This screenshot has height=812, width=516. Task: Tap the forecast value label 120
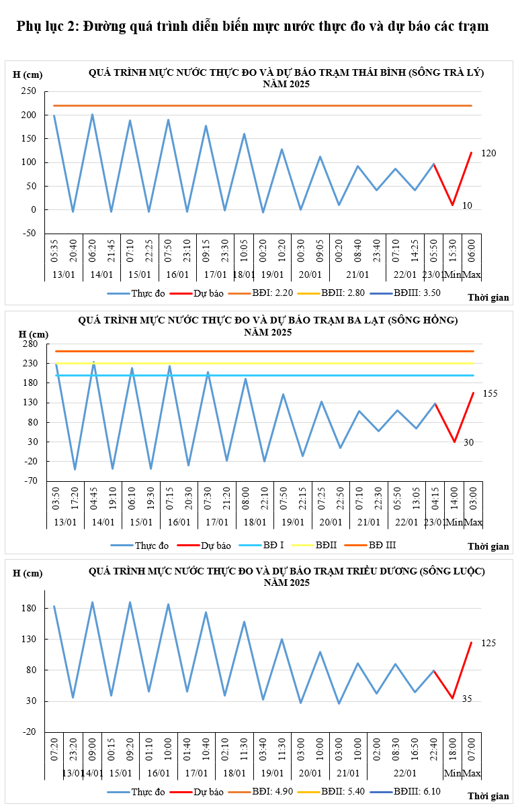[488, 154]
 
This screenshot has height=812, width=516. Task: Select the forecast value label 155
[490, 393]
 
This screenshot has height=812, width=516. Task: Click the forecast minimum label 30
[468, 442]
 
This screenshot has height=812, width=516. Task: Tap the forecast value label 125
[488, 644]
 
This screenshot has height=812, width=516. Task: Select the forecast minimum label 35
[467, 699]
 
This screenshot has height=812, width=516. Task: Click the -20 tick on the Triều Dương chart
[31, 732]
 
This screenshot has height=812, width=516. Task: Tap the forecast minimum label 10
[468, 205]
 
